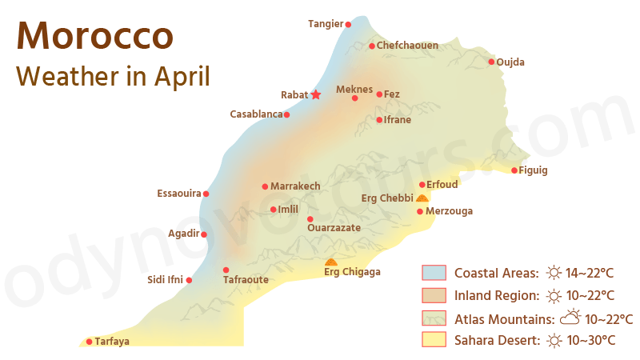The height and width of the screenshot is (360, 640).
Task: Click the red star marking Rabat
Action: click(316, 94)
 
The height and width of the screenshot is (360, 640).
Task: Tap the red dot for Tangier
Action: click(348, 24)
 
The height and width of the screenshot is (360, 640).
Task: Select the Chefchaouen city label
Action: click(407, 46)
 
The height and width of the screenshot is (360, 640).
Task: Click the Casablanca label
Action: click(256, 114)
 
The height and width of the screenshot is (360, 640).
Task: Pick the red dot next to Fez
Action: click(379, 94)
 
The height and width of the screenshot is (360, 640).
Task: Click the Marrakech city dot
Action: click(265, 186)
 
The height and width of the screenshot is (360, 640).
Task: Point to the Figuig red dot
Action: click(514, 170)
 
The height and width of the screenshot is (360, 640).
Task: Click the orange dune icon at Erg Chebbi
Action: click(422, 198)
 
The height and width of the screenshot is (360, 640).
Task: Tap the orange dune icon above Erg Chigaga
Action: click(331, 262)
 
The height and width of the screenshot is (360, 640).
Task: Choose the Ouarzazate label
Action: click(334, 228)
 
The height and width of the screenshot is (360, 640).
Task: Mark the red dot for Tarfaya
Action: click(89, 342)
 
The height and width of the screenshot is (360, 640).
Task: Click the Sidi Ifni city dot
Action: click(189, 280)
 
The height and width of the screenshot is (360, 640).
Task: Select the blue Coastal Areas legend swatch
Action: click(434, 273)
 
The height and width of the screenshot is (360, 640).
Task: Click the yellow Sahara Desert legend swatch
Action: click(434, 340)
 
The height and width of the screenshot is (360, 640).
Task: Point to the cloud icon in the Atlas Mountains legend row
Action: click(570, 318)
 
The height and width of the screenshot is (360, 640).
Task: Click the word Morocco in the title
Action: click(94, 36)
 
